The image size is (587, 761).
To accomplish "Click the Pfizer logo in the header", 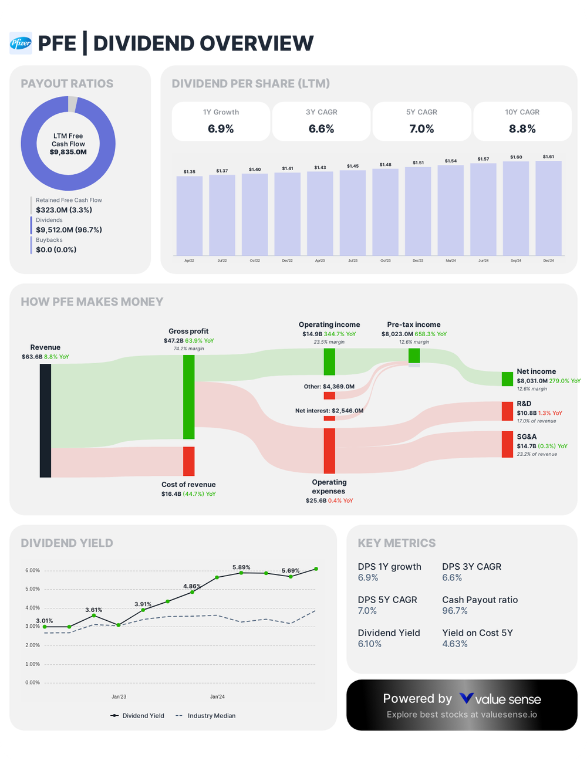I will (x=21, y=43).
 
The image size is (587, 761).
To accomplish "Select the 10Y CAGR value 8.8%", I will (x=522, y=129).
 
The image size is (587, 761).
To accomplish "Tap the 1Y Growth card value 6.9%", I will (x=221, y=129).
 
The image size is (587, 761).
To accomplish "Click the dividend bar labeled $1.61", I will (x=548, y=208).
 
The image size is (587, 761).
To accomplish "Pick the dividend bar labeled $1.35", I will (x=190, y=215).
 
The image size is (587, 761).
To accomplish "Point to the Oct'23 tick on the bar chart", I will (x=385, y=261).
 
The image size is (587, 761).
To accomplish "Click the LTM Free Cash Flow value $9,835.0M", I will (x=68, y=152).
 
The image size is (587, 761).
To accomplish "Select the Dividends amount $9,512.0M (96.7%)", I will (x=69, y=230).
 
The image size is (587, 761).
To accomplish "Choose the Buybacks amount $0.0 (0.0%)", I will (x=56, y=250).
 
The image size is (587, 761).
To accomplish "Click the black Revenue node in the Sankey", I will (x=45, y=420).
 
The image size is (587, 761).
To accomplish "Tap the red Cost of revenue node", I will (x=188, y=461).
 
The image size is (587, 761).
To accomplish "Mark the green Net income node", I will (x=507, y=379).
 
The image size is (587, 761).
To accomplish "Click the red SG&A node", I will (x=507, y=444).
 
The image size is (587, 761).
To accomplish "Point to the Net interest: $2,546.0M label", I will (x=329, y=411).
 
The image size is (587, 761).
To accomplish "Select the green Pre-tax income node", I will (x=414, y=356).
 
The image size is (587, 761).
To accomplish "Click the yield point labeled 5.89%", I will (x=241, y=573).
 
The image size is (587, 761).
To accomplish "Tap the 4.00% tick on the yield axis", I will (x=32, y=608).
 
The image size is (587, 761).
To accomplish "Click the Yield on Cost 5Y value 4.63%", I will (x=455, y=644).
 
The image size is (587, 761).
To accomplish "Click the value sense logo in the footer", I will (x=500, y=699).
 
